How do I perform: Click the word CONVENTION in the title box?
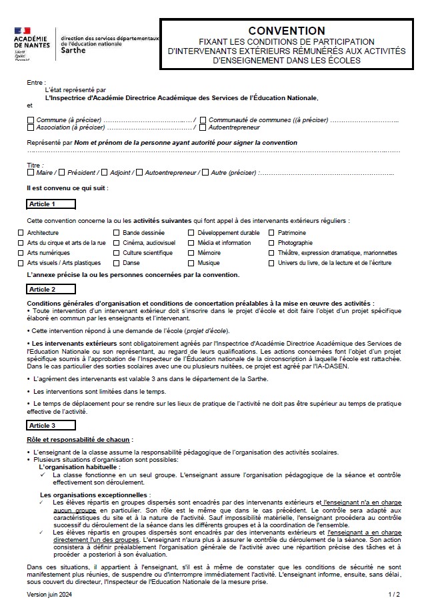click(287, 31)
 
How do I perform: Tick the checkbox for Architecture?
click(21, 233)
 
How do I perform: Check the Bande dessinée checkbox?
click(117, 233)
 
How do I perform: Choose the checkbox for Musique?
click(191, 263)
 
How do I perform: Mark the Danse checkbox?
click(117, 263)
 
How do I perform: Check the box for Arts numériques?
click(21, 253)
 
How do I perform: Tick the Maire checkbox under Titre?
click(31, 173)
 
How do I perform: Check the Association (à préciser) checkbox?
click(31, 127)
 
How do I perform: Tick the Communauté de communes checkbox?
click(203, 119)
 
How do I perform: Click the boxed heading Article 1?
click(51, 204)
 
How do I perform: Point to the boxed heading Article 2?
click(51, 289)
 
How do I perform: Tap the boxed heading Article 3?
click(51, 425)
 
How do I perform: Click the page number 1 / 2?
click(394, 593)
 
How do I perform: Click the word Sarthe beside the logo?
click(73, 51)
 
